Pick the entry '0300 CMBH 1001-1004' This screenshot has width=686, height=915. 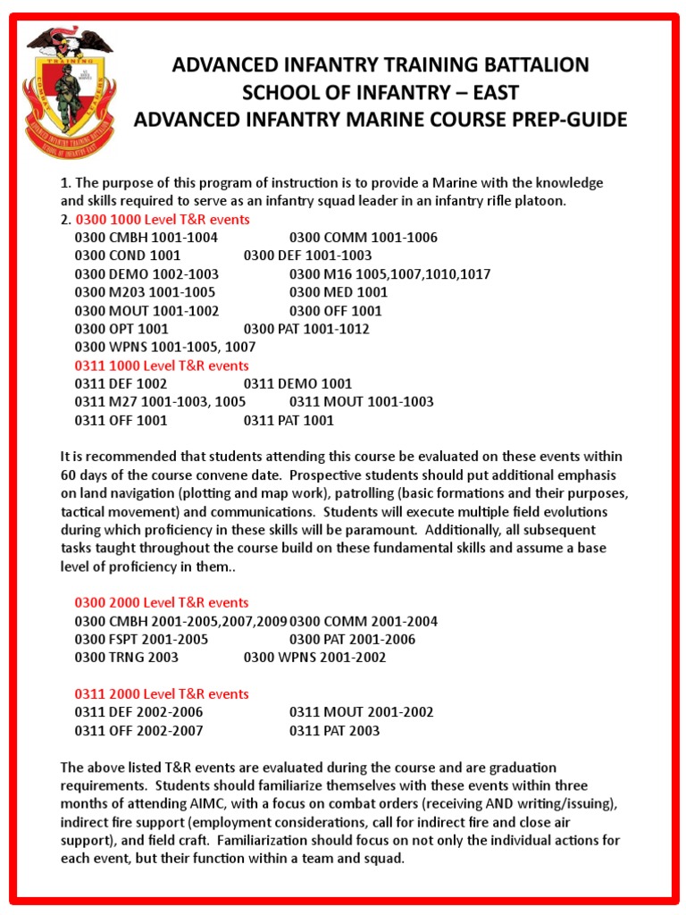point(146,238)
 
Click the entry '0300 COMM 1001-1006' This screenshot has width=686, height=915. point(364,238)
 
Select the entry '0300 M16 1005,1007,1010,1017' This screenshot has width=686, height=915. point(389,274)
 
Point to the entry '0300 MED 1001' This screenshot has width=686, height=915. point(339,292)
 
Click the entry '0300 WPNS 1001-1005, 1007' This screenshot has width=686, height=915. point(165,347)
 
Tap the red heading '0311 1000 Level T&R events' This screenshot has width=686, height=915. point(162,365)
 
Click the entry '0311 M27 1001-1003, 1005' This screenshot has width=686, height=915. point(160,402)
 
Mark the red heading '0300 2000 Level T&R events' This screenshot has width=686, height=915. point(162,602)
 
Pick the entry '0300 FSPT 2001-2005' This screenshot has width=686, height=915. point(141,639)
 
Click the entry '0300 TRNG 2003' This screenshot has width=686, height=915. point(127,658)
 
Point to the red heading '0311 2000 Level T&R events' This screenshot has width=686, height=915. point(162,693)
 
